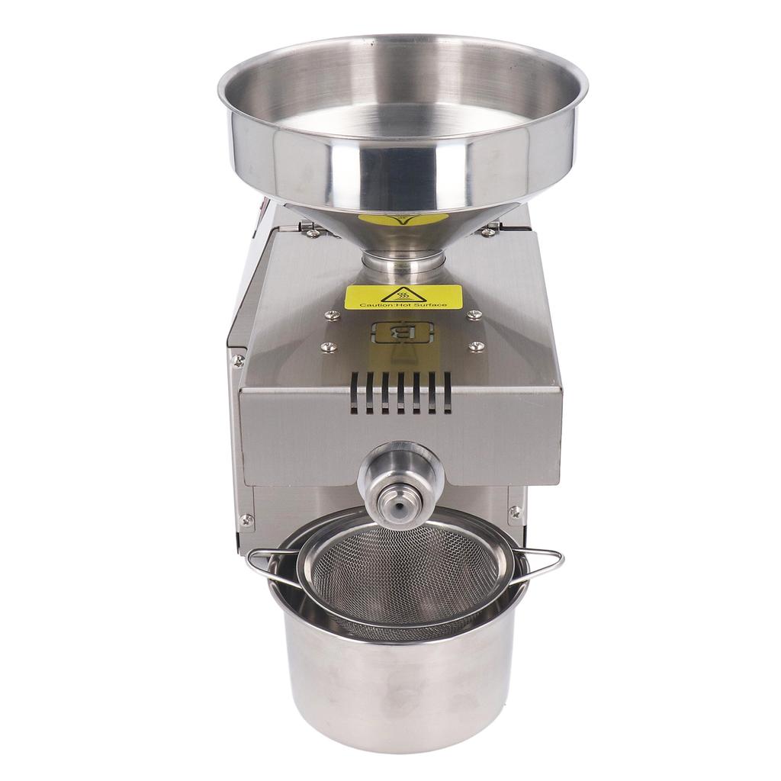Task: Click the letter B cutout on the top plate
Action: (x=402, y=333)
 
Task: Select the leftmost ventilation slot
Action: (x=354, y=394)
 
